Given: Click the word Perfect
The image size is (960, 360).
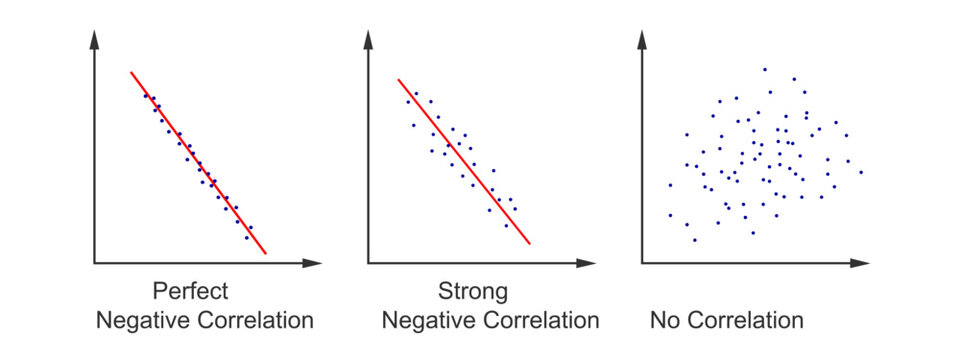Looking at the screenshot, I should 190,292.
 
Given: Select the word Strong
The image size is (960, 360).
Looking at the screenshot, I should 473,292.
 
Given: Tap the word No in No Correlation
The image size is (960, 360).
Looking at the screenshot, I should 664,321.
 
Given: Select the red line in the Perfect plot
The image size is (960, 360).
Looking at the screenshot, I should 198,163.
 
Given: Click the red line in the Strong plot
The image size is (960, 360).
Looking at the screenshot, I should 463,161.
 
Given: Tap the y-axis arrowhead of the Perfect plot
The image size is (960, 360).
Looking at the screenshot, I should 94,39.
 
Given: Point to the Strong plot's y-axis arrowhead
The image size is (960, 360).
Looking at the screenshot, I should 368,39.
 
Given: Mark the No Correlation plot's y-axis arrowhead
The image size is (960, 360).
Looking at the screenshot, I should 642,39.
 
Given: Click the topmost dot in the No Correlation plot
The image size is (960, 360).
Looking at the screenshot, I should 765,69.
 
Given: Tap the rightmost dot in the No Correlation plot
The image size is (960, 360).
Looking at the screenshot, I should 860,172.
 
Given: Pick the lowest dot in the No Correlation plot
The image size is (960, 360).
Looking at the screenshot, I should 694,240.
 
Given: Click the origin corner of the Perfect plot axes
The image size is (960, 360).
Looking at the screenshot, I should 94,263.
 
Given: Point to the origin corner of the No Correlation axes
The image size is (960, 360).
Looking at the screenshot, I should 642,263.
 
